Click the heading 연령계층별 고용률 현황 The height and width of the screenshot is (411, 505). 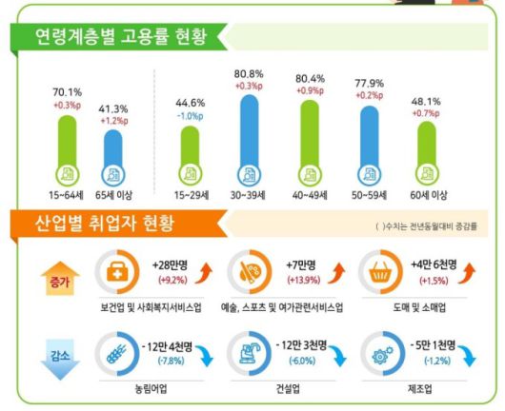tap(116, 37)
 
